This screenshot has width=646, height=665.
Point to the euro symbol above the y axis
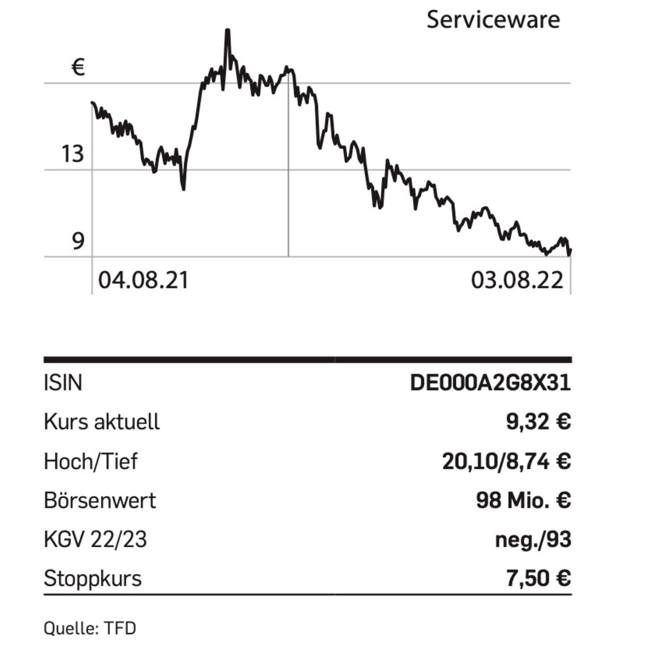coord(78,67)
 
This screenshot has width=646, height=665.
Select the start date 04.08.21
coord(143,281)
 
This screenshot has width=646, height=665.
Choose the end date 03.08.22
coord(517,281)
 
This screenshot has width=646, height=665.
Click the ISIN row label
coord(63,383)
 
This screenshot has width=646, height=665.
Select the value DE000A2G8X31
coord(490,383)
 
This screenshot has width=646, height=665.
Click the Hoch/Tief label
coord(91,461)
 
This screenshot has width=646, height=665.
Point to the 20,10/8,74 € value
coord(506,461)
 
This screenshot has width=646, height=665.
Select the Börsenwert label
coord(100,500)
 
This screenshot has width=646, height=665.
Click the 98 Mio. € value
coord(523,500)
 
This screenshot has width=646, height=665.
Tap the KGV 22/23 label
coord(95,540)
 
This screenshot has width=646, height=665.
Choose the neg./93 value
coord(533,540)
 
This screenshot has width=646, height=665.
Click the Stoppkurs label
coord(92,579)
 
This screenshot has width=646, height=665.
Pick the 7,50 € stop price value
coord(538,579)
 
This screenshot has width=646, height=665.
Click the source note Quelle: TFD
coord(90,628)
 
